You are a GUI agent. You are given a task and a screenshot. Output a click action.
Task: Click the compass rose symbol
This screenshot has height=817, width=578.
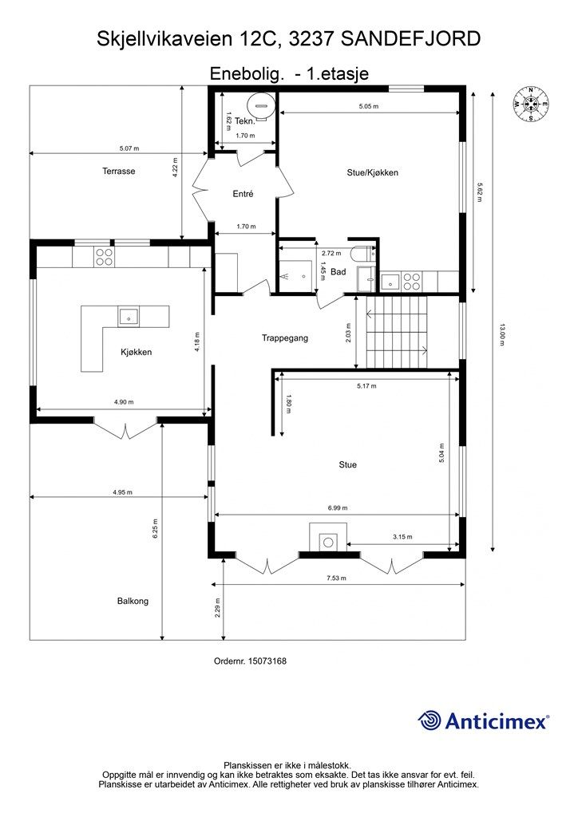point(531,105)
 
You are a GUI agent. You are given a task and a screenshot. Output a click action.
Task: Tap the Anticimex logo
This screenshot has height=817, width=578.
point(483,720)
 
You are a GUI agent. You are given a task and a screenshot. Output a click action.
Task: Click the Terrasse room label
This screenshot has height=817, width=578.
point(118,171)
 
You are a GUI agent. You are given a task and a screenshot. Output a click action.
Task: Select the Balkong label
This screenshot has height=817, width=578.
point(133,601)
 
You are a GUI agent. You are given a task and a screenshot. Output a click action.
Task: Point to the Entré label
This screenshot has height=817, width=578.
point(243,194)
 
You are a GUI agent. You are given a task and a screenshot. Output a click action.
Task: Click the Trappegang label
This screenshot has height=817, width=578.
point(284,338)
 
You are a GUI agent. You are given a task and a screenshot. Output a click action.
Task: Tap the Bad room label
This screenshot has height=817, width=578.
point(338,271)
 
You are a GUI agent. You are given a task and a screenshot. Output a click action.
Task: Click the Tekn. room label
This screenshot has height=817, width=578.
point(245,121)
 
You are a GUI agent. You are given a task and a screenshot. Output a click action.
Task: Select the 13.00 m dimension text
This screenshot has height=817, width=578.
point(502,335)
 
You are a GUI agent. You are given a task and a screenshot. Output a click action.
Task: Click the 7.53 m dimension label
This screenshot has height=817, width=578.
point(336,578)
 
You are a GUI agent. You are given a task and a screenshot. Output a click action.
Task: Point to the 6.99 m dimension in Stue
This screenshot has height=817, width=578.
point(337,507)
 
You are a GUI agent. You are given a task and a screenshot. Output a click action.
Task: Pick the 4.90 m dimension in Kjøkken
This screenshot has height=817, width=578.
point(124,402)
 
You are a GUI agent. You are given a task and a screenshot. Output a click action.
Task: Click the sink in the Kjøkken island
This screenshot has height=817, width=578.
point(129,316)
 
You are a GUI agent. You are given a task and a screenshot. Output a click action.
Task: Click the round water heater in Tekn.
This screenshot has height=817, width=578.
point(259,105)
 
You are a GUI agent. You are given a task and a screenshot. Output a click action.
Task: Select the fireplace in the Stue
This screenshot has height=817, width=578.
point(328,537)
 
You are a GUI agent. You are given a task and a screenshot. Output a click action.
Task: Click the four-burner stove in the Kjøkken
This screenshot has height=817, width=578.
point(105,258)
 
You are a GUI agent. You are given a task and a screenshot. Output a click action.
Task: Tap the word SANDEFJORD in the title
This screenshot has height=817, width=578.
point(408,38)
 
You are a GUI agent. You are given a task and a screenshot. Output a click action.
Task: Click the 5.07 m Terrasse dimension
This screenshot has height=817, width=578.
point(129,148)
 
